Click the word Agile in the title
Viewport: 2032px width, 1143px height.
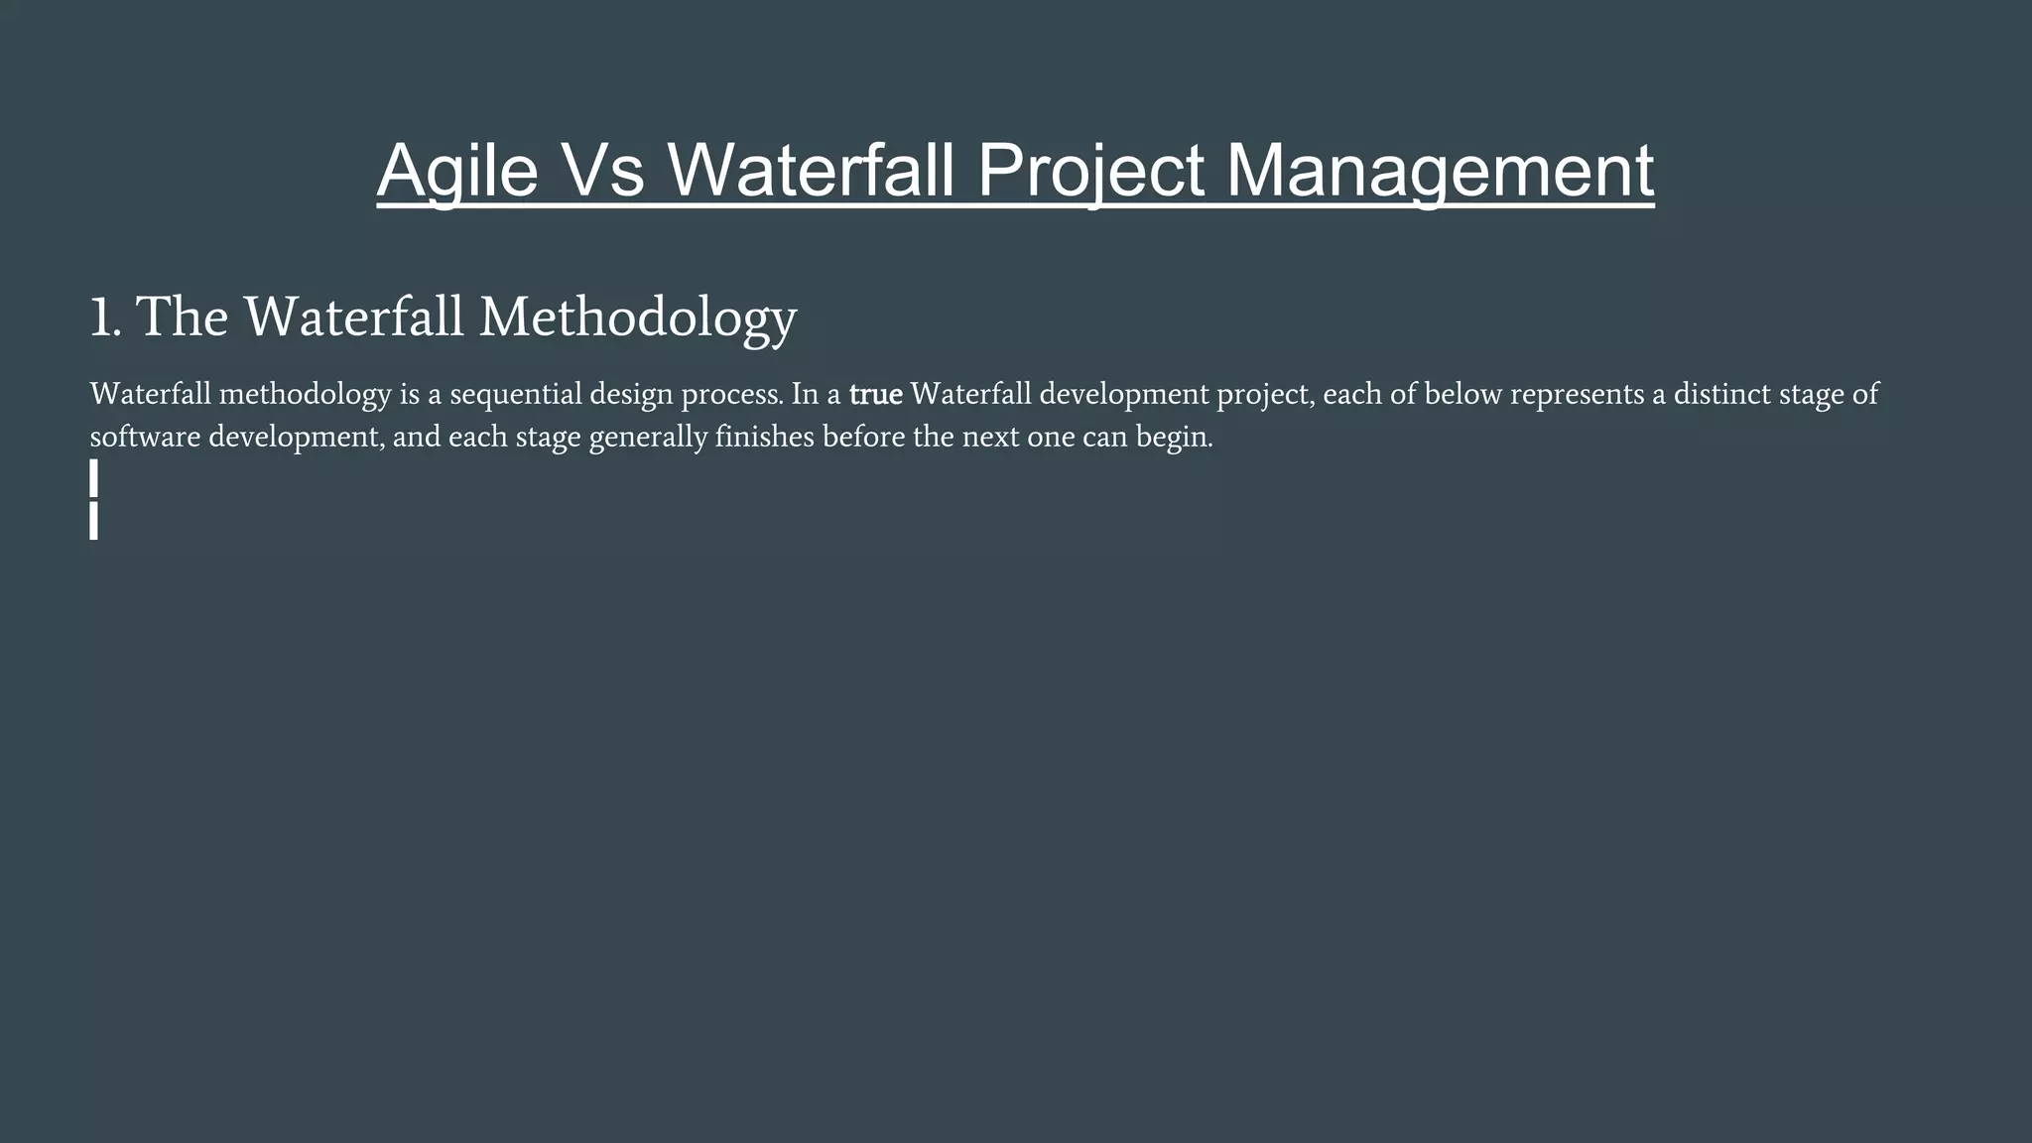coord(456,171)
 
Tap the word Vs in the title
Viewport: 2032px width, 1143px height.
coord(605,171)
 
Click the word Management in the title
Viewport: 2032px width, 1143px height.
coord(1440,171)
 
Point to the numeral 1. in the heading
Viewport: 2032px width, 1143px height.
coord(105,317)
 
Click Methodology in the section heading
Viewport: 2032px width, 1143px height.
coord(638,317)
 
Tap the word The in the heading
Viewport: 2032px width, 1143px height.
coord(182,317)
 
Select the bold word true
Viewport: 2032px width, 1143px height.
coord(875,395)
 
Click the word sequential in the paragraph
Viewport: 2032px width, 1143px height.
coord(516,395)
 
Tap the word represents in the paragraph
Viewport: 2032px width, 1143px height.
coord(1577,395)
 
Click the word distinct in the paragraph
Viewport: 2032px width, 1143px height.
coord(1721,395)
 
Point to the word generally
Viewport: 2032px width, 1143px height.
coord(647,438)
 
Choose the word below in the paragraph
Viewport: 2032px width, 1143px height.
coord(1462,395)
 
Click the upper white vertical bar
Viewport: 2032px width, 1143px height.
coord(93,478)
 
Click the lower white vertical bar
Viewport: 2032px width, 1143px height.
coord(93,521)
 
